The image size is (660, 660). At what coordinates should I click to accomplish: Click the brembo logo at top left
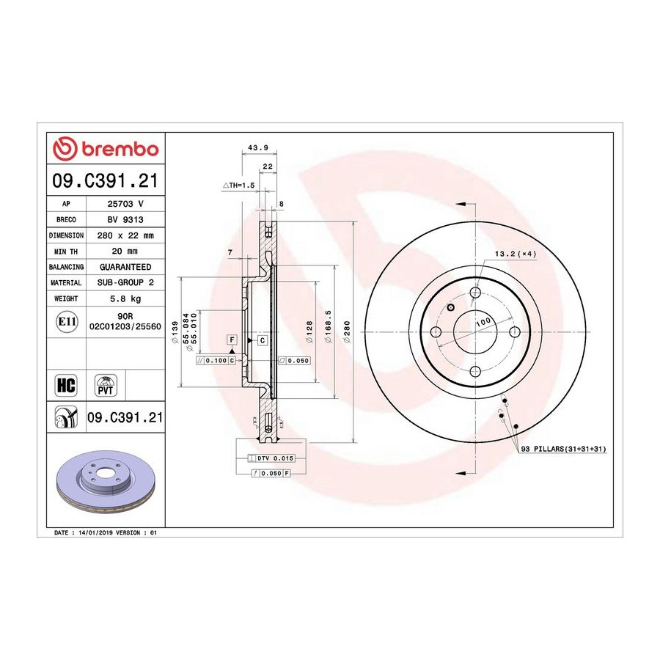tap(106, 149)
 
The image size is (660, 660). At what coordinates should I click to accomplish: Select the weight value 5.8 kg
tap(125, 298)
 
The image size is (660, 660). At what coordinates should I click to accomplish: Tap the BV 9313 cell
tap(125, 219)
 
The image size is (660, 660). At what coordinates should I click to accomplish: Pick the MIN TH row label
tap(66, 252)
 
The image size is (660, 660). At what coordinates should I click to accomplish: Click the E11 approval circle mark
tap(67, 322)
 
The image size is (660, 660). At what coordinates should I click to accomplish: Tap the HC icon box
tap(66, 385)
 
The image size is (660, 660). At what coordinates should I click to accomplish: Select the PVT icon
tap(105, 385)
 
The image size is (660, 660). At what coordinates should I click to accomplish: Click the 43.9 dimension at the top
tap(258, 147)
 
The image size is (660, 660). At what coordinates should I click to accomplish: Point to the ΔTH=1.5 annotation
tap(238, 185)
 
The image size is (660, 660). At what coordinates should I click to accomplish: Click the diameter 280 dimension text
tap(348, 332)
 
